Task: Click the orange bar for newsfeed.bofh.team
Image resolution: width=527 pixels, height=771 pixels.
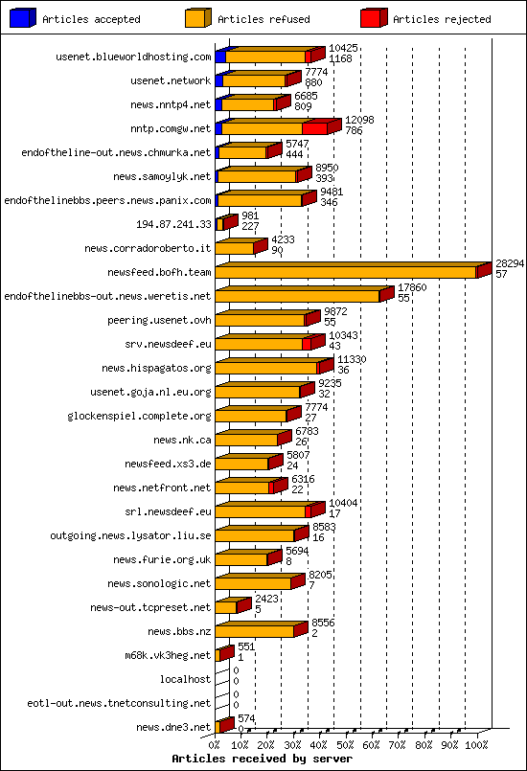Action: coord(345,272)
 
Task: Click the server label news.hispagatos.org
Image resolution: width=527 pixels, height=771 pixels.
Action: coord(156,368)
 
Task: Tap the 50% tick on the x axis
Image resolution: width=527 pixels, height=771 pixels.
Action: coord(346,744)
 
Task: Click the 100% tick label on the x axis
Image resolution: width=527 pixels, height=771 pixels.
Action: coord(476,744)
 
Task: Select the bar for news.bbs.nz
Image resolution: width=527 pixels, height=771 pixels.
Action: coord(255,631)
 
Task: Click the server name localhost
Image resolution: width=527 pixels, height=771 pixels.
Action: coord(185,679)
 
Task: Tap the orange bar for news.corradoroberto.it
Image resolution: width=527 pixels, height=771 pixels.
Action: coord(235,248)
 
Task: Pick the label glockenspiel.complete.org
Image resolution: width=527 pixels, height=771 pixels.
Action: coord(139,416)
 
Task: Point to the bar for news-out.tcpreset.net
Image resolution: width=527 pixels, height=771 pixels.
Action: coord(226,607)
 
